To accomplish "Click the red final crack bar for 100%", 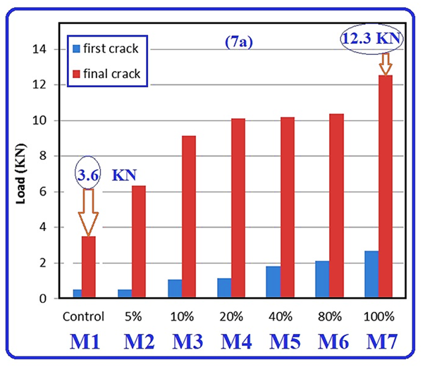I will coord(385,187).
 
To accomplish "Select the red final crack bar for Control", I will coord(89,268).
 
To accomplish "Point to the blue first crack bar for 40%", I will coord(273,282).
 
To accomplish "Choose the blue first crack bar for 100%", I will coord(371,275).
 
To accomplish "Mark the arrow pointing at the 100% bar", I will coord(385,63).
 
